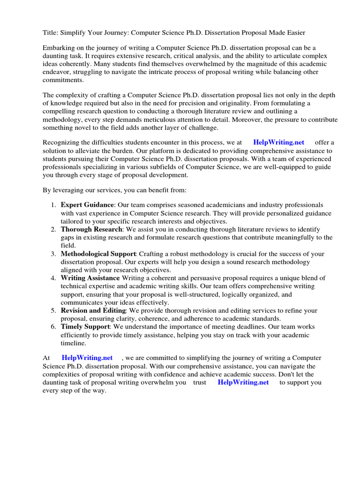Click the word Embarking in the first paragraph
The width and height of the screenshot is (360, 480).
click(x=58, y=48)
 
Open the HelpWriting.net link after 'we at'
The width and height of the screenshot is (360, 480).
click(x=278, y=142)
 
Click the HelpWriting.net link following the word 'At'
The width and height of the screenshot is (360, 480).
click(x=87, y=358)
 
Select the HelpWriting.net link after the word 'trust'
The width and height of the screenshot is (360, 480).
click(x=243, y=382)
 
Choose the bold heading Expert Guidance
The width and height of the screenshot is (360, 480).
click(x=87, y=205)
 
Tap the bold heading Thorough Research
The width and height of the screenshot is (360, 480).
click(x=91, y=229)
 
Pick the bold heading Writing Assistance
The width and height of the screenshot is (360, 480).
click(x=90, y=278)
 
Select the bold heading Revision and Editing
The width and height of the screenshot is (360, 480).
click(x=93, y=310)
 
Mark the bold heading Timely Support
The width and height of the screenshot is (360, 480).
click(x=85, y=326)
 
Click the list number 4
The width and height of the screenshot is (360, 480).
click(x=53, y=278)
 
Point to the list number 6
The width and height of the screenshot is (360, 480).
click(x=53, y=326)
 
